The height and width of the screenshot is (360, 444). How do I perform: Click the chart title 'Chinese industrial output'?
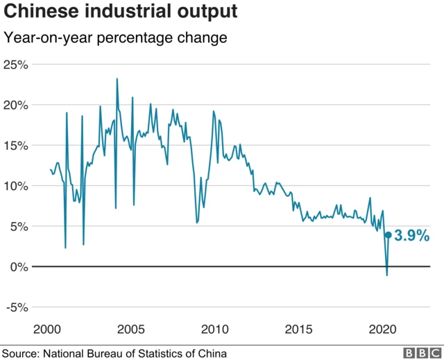coord(121,12)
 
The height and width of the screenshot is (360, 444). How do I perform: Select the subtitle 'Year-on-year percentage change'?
coord(116,37)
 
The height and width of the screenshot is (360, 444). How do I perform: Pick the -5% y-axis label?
coord(15,307)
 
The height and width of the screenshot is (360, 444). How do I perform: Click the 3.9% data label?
coord(412,237)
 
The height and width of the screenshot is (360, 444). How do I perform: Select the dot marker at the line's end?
coord(388,235)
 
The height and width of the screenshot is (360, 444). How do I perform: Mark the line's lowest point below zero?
coord(386,275)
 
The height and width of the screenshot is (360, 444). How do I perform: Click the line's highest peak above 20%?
coord(117,79)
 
